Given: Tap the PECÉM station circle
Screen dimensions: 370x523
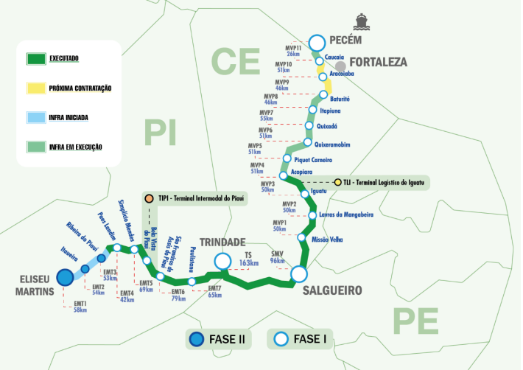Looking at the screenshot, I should tap(317, 43).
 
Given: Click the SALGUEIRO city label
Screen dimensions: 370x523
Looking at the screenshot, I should tap(332, 291).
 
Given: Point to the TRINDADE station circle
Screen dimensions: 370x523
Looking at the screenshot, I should tap(222, 261).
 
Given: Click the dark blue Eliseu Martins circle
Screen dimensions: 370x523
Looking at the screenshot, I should tap(65, 276).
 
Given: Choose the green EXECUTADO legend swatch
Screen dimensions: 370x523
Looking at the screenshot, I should tap(33, 58).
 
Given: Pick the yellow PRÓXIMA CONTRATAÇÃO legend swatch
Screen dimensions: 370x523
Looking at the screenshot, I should tap(33, 88).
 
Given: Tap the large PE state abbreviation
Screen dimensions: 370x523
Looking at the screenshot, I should tap(415, 321).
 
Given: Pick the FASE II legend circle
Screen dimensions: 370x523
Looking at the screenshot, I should tap(197, 339).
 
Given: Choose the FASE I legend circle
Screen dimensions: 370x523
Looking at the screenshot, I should tap(280, 339).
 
